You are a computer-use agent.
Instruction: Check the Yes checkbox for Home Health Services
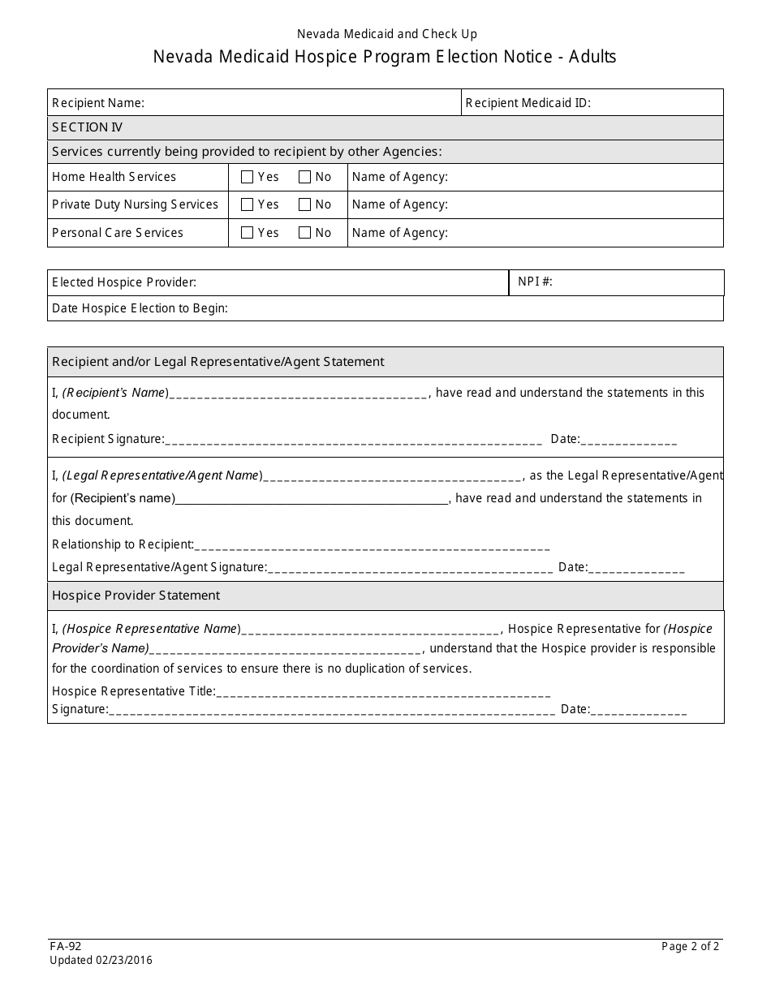pyautogui.click(x=248, y=177)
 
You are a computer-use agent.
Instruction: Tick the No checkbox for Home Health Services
pyautogui.click(x=305, y=177)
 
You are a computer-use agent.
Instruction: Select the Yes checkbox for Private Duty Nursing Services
pyautogui.click(x=248, y=204)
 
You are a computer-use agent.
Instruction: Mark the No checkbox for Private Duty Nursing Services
pyautogui.click(x=305, y=204)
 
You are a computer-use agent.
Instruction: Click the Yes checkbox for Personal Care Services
pyautogui.click(x=248, y=233)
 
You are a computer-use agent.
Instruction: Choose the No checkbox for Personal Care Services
pyautogui.click(x=305, y=233)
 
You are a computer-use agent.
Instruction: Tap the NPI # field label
pyautogui.click(x=535, y=282)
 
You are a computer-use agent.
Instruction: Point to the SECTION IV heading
pyautogui.click(x=88, y=127)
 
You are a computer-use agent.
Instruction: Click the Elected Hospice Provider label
pyautogui.click(x=124, y=282)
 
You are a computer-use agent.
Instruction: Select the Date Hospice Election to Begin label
pyautogui.click(x=140, y=308)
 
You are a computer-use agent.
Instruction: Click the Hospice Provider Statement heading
pyautogui.click(x=136, y=596)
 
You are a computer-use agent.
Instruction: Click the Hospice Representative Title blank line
pyautogui.click(x=383, y=692)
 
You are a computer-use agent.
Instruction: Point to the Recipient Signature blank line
pyautogui.click(x=353, y=440)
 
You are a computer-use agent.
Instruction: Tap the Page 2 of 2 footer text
pyautogui.click(x=690, y=946)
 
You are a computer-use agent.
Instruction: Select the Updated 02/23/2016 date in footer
pyautogui.click(x=101, y=961)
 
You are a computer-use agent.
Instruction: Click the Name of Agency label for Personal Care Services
pyautogui.click(x=400, y=233)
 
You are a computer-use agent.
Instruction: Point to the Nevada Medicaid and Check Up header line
pyautogui.click(x=386, y=34)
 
